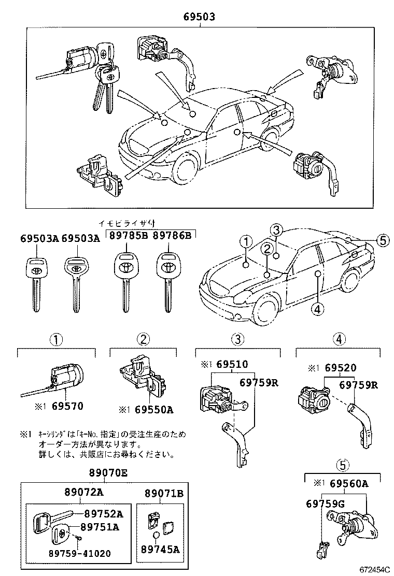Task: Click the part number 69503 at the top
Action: (199, 17)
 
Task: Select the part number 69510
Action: (232, 365)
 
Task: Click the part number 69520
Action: (341, 368)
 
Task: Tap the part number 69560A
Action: (348, 484)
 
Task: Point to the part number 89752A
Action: (104, 514)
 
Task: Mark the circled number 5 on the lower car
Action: (382, 240)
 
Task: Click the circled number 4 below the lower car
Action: (317, 309)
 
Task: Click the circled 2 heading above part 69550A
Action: (143, 339)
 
